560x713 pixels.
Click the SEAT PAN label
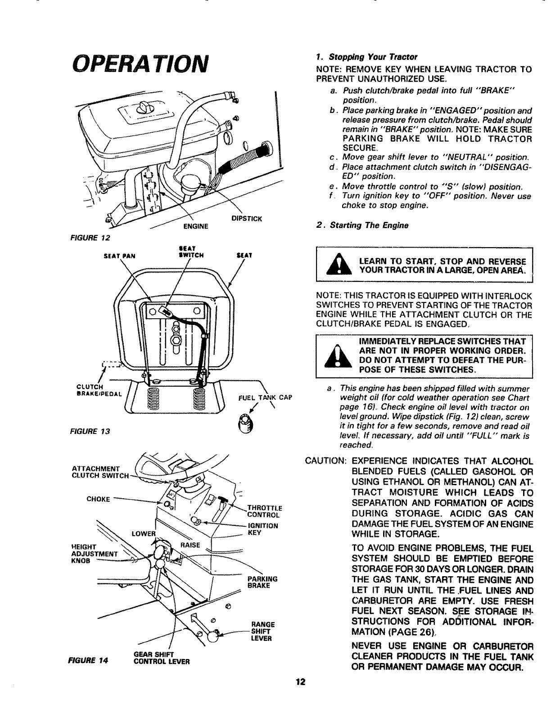pyautogui.click(x=117, y=255)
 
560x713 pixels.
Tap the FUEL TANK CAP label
pyautogui.click(x=266, y=397)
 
